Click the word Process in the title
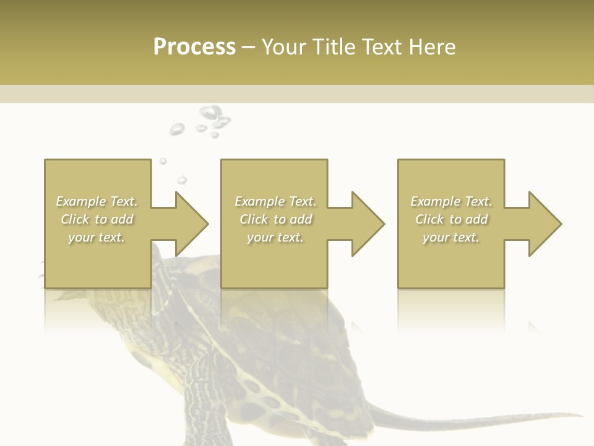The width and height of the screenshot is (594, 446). click(x=194, y=47)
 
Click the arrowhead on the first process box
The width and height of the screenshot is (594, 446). click(x=188, y=224)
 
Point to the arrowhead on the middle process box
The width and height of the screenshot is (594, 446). click(x=365, y=224)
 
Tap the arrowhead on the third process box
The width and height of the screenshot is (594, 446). click(x=542, y=224)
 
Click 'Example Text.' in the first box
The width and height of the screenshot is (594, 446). click(x=97, y=201)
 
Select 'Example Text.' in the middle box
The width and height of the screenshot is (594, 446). click(x=275, y=201)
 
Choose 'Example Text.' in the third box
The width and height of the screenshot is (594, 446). click(x=451, y=201)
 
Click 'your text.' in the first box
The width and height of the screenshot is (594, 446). click(x=97, y=237)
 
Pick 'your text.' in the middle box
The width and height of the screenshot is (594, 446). click(x=275, y=237)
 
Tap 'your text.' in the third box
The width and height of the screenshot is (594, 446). click(x=451, y=237)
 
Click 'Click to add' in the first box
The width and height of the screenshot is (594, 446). click(x=97, y=219)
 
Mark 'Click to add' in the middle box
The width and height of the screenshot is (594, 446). click(x=275, y=219)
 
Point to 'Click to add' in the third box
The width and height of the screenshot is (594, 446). click(x=451, y=219)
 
